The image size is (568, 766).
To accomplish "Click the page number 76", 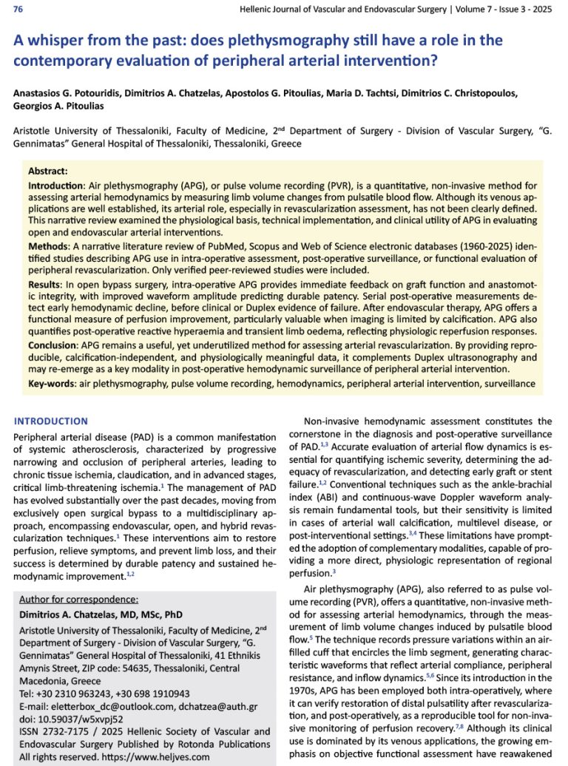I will point(18,10).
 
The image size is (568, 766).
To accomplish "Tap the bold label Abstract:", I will point(48,170).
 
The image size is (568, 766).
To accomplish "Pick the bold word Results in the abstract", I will point(47,285).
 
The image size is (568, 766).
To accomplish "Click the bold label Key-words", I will point(56,384).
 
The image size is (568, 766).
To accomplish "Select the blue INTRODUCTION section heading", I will point(51,421).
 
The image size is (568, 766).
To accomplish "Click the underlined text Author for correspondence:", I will point(78,599).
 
